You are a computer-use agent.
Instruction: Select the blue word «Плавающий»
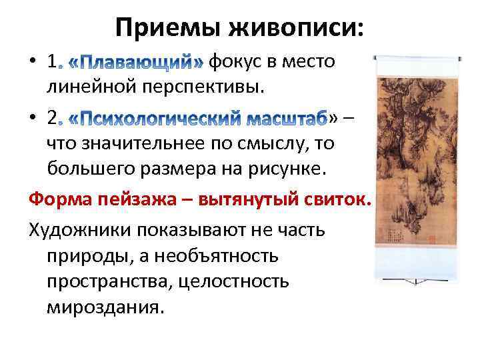pyautogui.click(x=137, y=63)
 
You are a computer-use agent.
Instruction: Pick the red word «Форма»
pyautogui.click(x=57, y=199)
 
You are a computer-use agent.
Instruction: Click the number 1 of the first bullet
pyautogui.click(x=53, y=63)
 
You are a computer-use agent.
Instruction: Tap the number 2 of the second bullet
pyautogui.click(x=53, y=119)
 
